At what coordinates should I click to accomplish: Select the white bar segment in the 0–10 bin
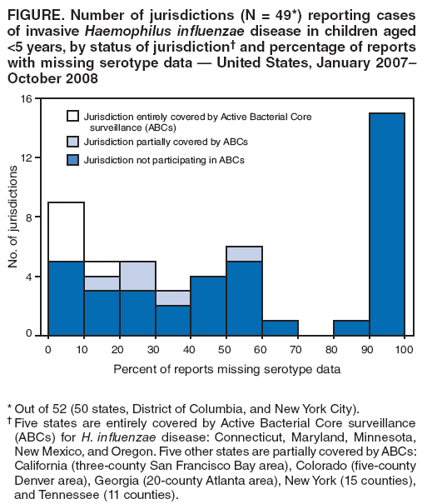[66, 232]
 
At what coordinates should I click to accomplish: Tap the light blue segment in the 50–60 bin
[244, 254]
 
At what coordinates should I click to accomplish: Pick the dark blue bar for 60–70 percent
[280, 327]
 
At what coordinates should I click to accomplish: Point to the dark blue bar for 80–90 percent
[350, 327]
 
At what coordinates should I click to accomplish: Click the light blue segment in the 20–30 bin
[137, 276]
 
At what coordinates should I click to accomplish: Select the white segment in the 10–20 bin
[102, 268]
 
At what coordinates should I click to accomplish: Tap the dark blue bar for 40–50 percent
[208, 306]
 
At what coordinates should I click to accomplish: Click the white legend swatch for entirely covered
[73, 117]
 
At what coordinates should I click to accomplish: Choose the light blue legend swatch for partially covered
[73, 142]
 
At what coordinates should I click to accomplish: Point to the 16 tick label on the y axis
[26, 99]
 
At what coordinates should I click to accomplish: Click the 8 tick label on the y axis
[29, 217]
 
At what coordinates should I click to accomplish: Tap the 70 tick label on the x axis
[297, 348]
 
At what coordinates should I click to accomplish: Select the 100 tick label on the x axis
[404, 348]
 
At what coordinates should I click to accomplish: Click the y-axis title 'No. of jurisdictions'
[13, 217]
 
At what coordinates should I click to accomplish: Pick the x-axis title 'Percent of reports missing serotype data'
[226, 369]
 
